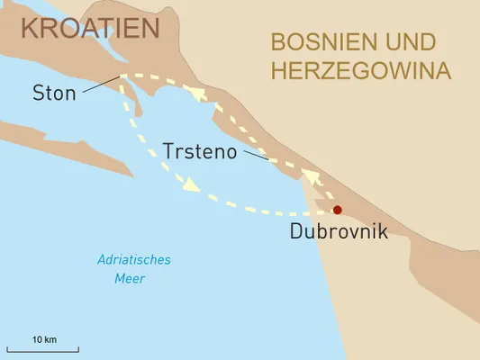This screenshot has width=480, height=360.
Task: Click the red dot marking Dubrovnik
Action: [x=337, y=211]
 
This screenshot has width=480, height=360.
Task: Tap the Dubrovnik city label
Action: [x=339, y=231]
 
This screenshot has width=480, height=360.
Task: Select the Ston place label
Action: [x=54, y=93]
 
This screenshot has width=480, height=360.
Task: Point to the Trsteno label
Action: [x=200, y=151]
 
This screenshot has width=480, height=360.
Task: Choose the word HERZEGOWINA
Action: [x=360, y=71]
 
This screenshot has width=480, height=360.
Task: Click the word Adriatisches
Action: [x=133, y=260]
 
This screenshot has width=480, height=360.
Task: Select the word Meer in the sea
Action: [x=130, y=278]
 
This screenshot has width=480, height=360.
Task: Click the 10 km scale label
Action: [x=44, y=339]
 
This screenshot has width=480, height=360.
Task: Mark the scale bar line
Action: [x=43, y=349]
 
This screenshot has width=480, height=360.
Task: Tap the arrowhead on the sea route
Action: [x=189, y=187]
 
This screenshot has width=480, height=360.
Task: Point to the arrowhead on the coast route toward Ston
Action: [x=197, y=93]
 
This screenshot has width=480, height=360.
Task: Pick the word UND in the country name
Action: [x=404, y=42]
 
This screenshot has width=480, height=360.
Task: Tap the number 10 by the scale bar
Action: [x=37, y=339]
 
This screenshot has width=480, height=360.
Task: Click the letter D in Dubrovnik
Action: [x=297, y=231]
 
